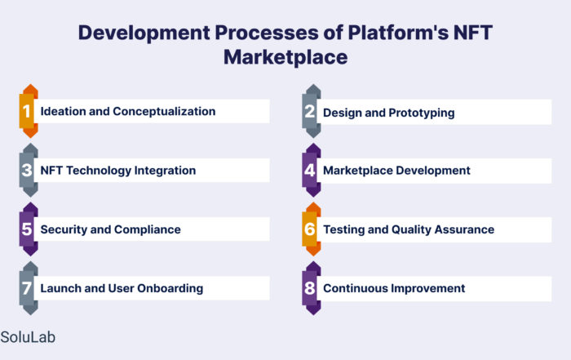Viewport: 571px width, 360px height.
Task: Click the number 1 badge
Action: pos(29,111)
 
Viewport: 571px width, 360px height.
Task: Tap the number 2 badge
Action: pos(312,111)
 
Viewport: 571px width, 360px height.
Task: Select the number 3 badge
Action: pos(29,170)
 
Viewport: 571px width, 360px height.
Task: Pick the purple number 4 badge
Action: pos(312,170)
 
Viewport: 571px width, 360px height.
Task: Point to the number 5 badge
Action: pos(29,229)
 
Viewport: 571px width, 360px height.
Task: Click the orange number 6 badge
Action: pos(312,229)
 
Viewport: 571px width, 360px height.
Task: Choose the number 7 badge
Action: pos(29,288)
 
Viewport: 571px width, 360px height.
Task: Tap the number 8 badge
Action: pos(312,288)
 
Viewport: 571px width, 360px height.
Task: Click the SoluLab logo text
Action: pos(28,337)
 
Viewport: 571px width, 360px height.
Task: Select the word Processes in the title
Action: pos(267,33)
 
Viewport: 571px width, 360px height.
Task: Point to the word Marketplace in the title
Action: pos(285,57)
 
